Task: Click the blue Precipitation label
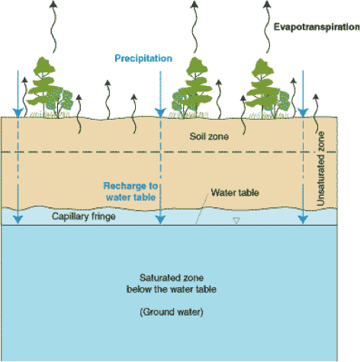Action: point(143,58)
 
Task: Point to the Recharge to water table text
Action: point(130,191)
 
